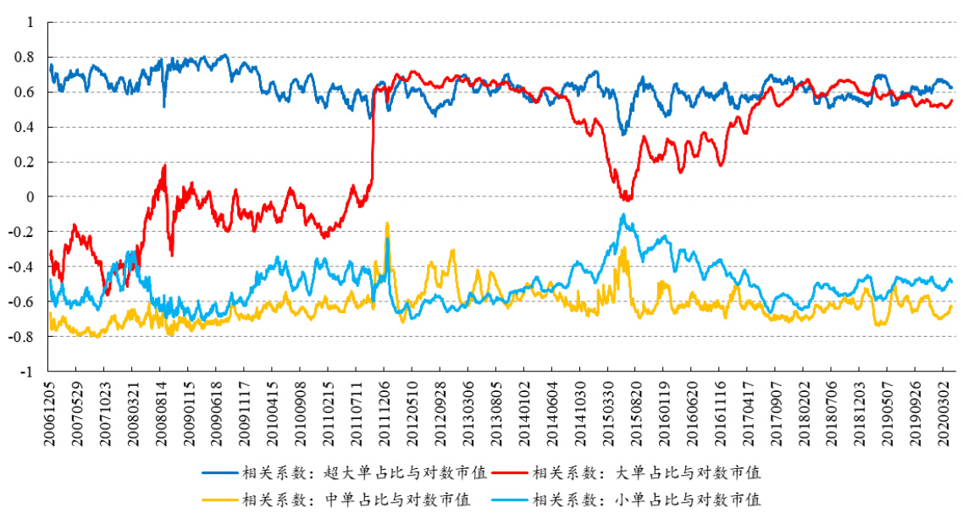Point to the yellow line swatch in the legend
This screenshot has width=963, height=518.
[x=220, y=499]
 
